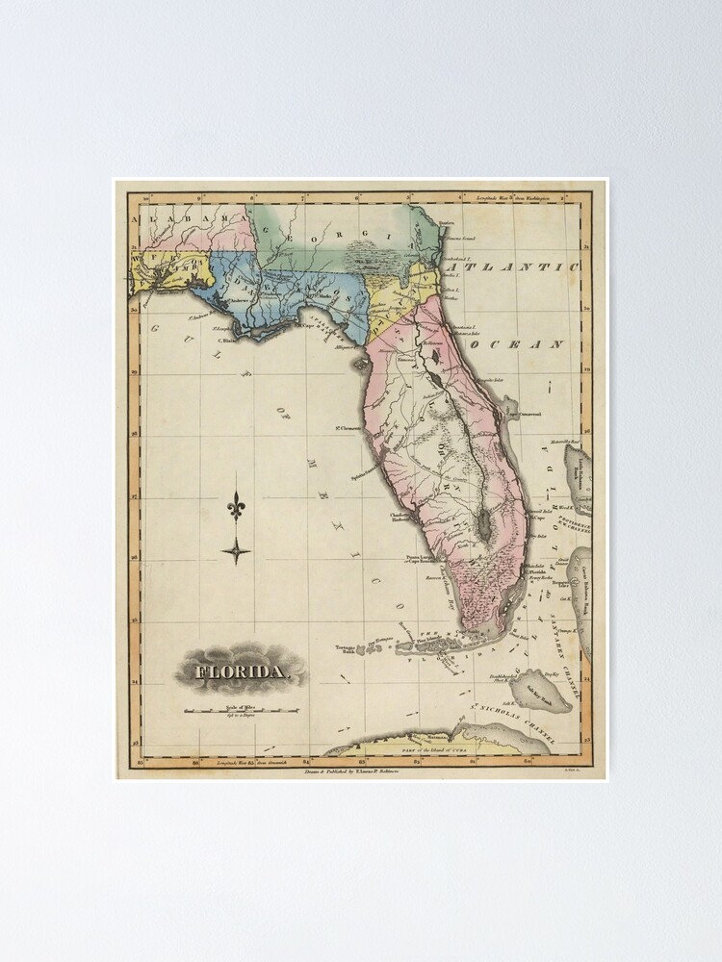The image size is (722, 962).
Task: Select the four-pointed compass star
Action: point(236,551)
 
